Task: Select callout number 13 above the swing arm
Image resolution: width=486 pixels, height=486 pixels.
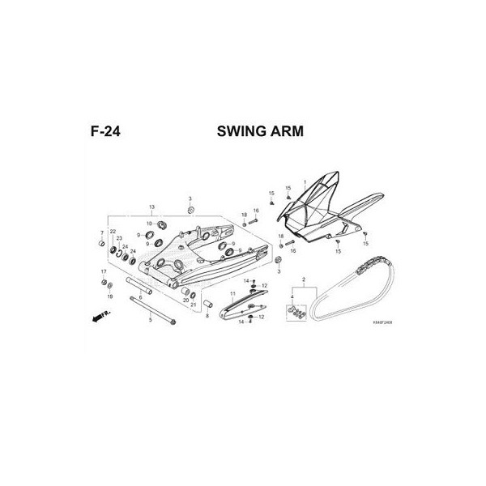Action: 151,208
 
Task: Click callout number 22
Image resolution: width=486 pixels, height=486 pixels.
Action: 113,232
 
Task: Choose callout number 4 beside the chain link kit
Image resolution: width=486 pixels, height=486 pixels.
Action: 292,297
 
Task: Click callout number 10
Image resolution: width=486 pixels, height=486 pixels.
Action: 149,223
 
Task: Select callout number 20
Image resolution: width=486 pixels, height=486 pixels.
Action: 185,300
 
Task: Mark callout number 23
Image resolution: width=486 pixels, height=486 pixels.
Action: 119,238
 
